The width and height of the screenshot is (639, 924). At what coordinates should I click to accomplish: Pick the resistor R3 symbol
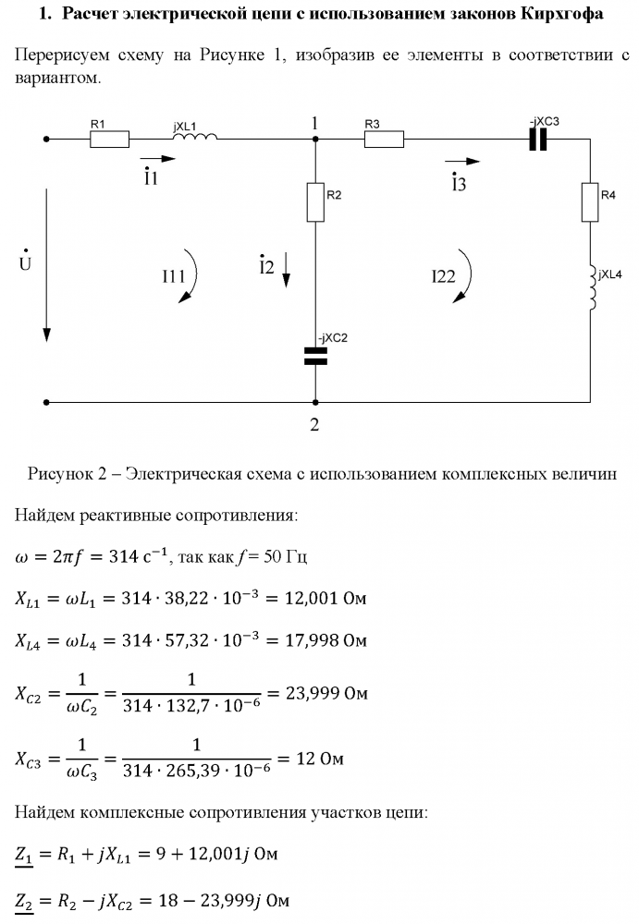pos(384,140)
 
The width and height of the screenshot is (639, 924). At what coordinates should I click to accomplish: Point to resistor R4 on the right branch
pos(590,202)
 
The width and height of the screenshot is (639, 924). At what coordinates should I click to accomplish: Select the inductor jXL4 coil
pos(590,286)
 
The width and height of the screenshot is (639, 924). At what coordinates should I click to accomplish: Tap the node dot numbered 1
pos(315,140)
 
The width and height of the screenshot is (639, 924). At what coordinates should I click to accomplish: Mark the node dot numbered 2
pos(315,403)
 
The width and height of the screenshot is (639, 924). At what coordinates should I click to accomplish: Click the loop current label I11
pos(173,274)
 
